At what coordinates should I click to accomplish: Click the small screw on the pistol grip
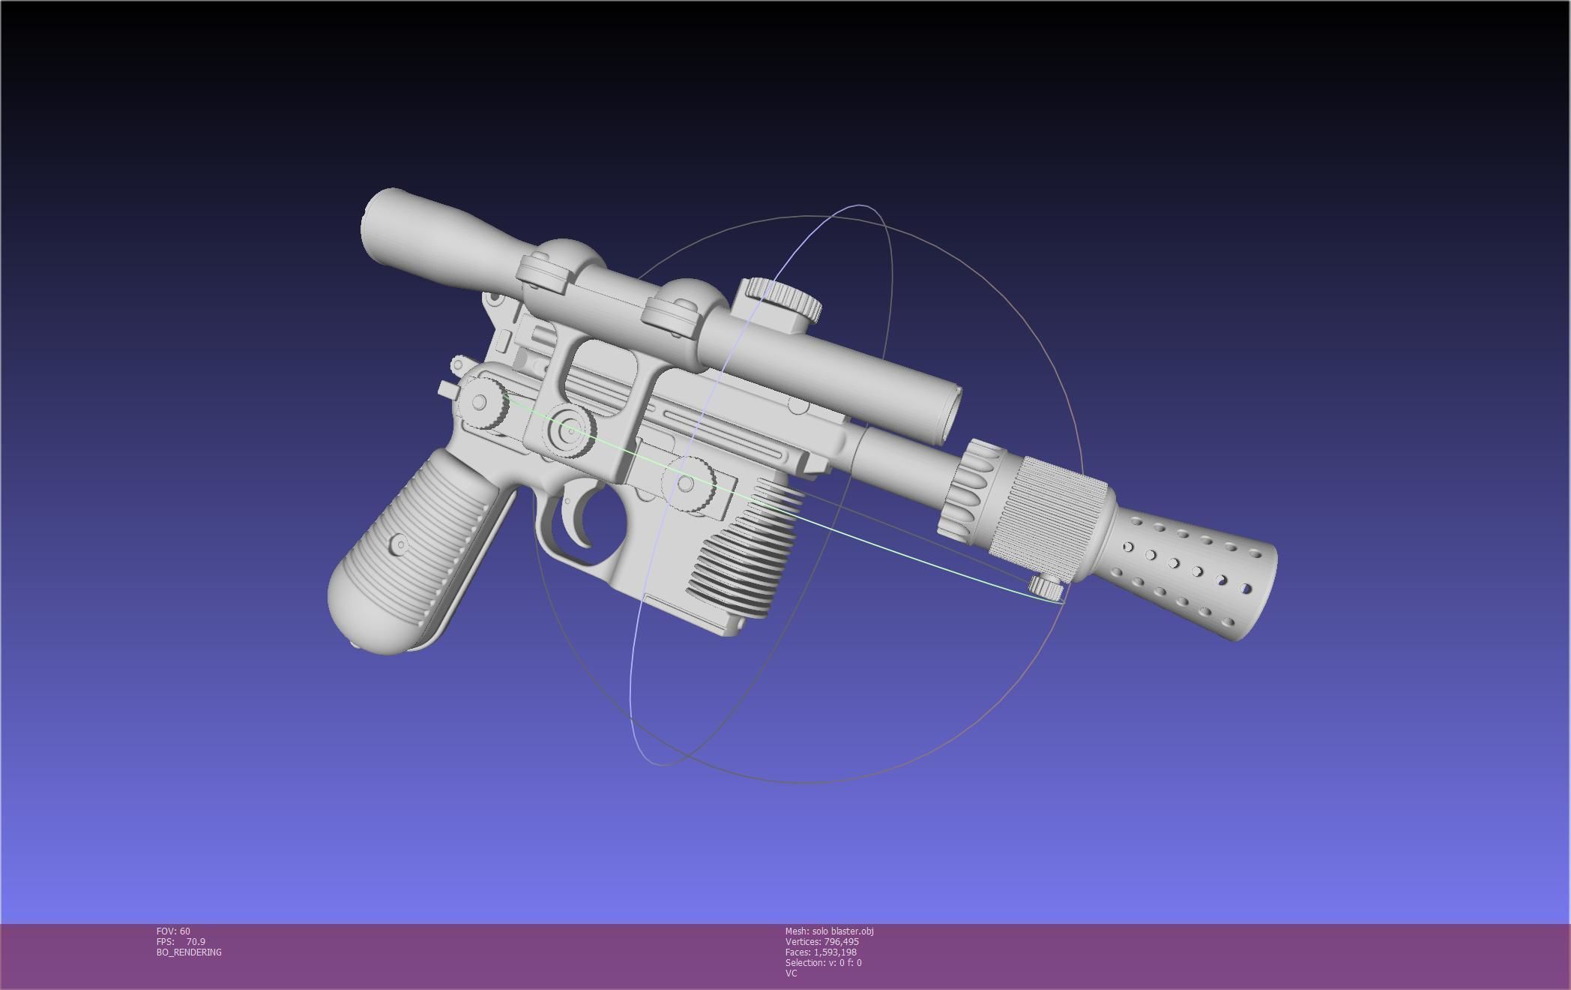pyautogui.click(x=400, y=544)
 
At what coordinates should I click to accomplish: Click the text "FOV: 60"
pyautogui.click(x=173, y=931)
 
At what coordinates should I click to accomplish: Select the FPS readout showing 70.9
pyautogui.click(x=181, y=942)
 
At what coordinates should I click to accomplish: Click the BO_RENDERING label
pyautogui.click(x=189, y=952)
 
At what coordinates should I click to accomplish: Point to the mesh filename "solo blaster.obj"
pyautogui.click(x=829, y=931)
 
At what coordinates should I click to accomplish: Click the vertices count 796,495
pyautogui.click(x=821, y=942)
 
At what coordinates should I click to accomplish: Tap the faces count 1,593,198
pyautogui.click(x=821, y=952)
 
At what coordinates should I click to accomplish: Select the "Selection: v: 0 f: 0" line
pyautogui.click(x=823, y=963)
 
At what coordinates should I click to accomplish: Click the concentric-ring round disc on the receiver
pyautogui.click(x=570, y=430)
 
